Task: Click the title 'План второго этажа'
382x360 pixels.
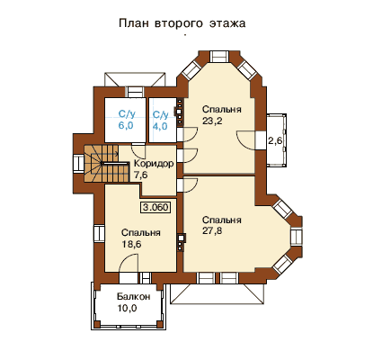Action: coord(182,23)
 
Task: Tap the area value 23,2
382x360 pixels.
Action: coord(212,121)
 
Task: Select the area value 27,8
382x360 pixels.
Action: coord(212,231)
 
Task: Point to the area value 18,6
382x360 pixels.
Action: coord(131,244)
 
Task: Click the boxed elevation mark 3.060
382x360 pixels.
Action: coord(155,207)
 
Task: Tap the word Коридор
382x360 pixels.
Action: coord(154,164)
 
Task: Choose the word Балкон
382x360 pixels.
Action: coord(134,297)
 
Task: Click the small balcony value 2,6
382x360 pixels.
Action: coord(275,140)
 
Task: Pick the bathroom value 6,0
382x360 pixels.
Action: coord(126,125)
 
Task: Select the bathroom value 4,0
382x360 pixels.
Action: coord(160,126)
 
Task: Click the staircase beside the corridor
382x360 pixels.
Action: coord(106,164)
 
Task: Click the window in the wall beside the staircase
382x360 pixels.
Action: coord(79,164)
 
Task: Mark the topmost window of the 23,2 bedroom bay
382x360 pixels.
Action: coord(219,57)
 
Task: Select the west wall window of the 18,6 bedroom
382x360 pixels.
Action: coord(99,233)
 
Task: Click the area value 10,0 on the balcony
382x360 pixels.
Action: coord(127,308)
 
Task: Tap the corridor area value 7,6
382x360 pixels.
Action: coord(141,175)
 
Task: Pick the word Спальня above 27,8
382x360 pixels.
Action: coord(222,220)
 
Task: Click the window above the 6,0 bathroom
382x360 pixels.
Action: coord(134,92)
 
